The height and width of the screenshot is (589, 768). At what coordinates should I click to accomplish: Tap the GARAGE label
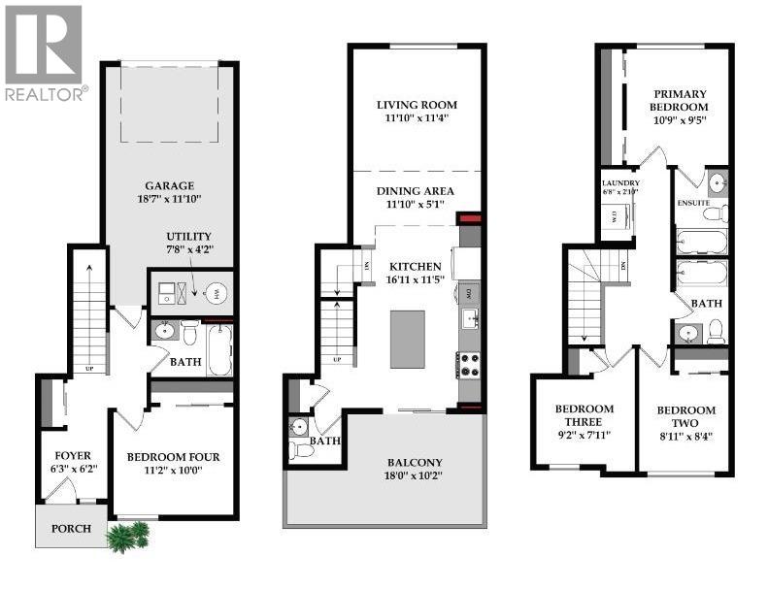pos(170,185)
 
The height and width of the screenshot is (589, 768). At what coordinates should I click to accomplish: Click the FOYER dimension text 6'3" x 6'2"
pos(69,468)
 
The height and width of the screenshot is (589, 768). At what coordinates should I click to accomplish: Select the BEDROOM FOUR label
pos(173,457)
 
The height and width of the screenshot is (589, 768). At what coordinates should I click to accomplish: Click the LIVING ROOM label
pos(417,105)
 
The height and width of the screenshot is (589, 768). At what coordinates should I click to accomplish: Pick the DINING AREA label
pos(416,191)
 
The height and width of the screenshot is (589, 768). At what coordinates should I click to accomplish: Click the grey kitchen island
pos(408,339)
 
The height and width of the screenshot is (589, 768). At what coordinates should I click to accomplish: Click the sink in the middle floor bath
pos(299,426)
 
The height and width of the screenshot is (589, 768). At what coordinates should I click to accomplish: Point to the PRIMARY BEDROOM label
pos(679,101)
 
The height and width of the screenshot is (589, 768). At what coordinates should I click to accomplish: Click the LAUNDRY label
pos(619,182)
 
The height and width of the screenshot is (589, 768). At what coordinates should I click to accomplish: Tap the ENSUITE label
pos(694,202)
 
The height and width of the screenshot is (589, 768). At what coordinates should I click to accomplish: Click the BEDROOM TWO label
pos(685,417)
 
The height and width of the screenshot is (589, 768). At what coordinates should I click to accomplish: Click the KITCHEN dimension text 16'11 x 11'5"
pos(416,281)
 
